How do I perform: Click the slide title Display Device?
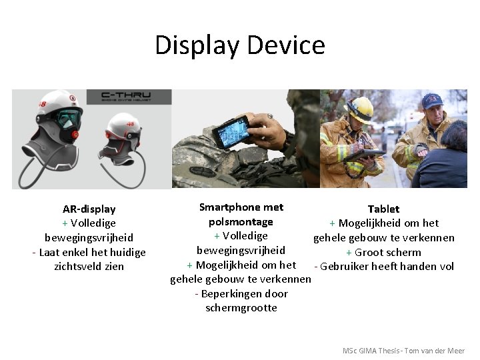[240, 45]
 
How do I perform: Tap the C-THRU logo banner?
[126, 97]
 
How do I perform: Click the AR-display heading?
[89, 209]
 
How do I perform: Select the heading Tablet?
[383, 209]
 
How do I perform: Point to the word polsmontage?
[241, 222]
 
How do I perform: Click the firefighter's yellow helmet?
[359, 107]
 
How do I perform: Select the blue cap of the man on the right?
[432, 100]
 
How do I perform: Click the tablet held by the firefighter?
[366, 155]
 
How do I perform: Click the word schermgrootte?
[241, 308]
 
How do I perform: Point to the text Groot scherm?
[387, 253]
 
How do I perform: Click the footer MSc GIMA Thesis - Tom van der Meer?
[403, 351]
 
